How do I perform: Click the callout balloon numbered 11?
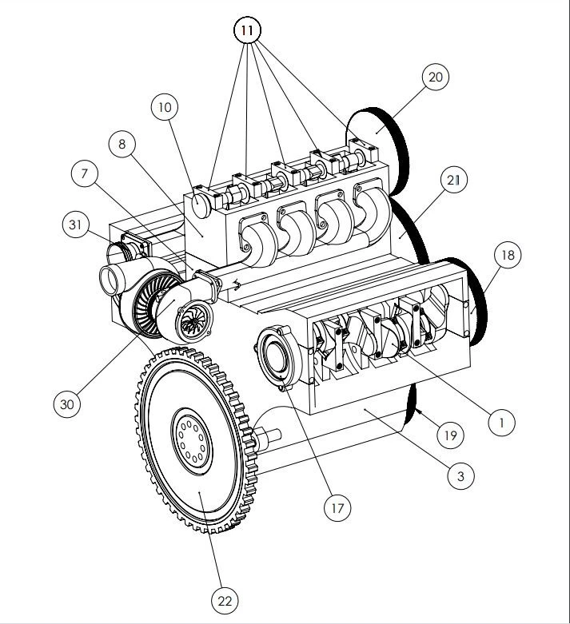pyautogui.click(x=247, y=30)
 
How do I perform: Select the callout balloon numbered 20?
pyautogui.click(x=436, y=77)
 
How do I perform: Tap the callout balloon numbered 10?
pyautogui.click(x=165, y=107)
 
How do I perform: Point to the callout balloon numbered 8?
pyautogui.click(x=122, y=144)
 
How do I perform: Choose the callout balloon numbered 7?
pyautogui.click(x=85, y=173)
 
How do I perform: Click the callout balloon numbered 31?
pyautogui.click(x=76, y=225)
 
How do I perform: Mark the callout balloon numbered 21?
pyautogui.click(x=454, y=181)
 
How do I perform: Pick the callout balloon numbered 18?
pyautogui.click(x=508, y=255)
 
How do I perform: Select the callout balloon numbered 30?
pyautogui.click(x=67, y=404)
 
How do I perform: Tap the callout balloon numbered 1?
pyautogui.click(x=501, y=422)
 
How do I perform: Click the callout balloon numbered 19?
pyautogui.click(x=450, y=435)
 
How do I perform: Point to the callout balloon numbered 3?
pyautogui.click(x=460, y=476)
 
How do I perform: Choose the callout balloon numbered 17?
pyautogui.click(x=337, y=508)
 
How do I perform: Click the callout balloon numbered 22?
pyautogui.click(x=225, y=601)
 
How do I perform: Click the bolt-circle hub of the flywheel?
pyautogui.click(x=193, y=441)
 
